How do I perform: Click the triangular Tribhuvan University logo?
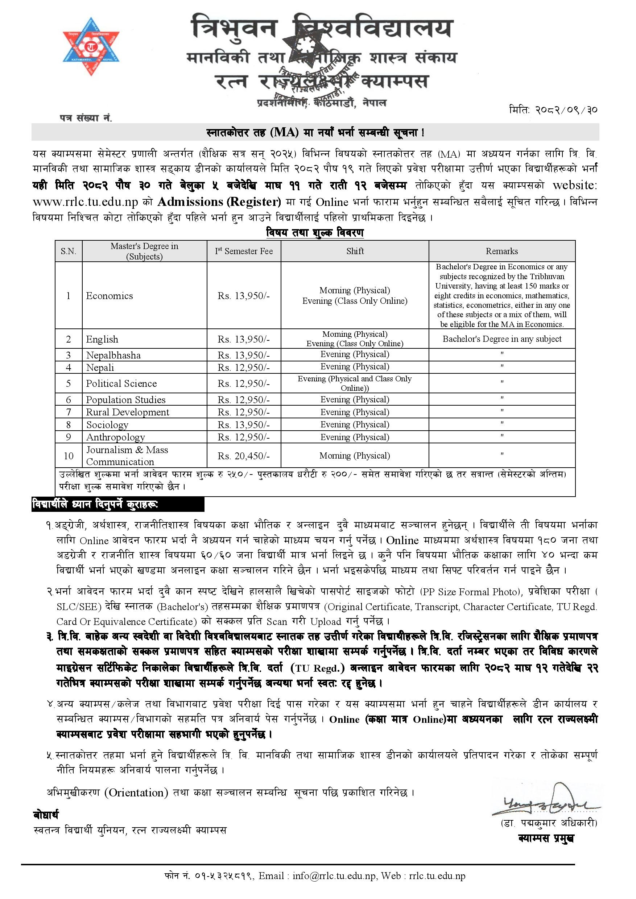[x=91, y=46]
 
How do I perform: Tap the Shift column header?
[x=355, y=251]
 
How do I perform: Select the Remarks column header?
[x=502, y=251]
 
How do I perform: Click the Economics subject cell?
[x=110, y=296]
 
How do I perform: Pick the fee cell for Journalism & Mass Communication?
[x=244, y=456]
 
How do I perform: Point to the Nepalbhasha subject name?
[x=113, y=355]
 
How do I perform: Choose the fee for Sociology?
[x=244, y=424]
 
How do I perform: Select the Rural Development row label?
[x=128, y=412]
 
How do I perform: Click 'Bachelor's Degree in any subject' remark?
[x=502, y=339]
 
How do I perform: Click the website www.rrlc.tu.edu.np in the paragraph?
[x=85, y=202]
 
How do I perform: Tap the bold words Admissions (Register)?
[x=219, y=202]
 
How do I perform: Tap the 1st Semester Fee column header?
[x=244, y=251]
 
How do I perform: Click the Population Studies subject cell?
[x=126, y=399]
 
